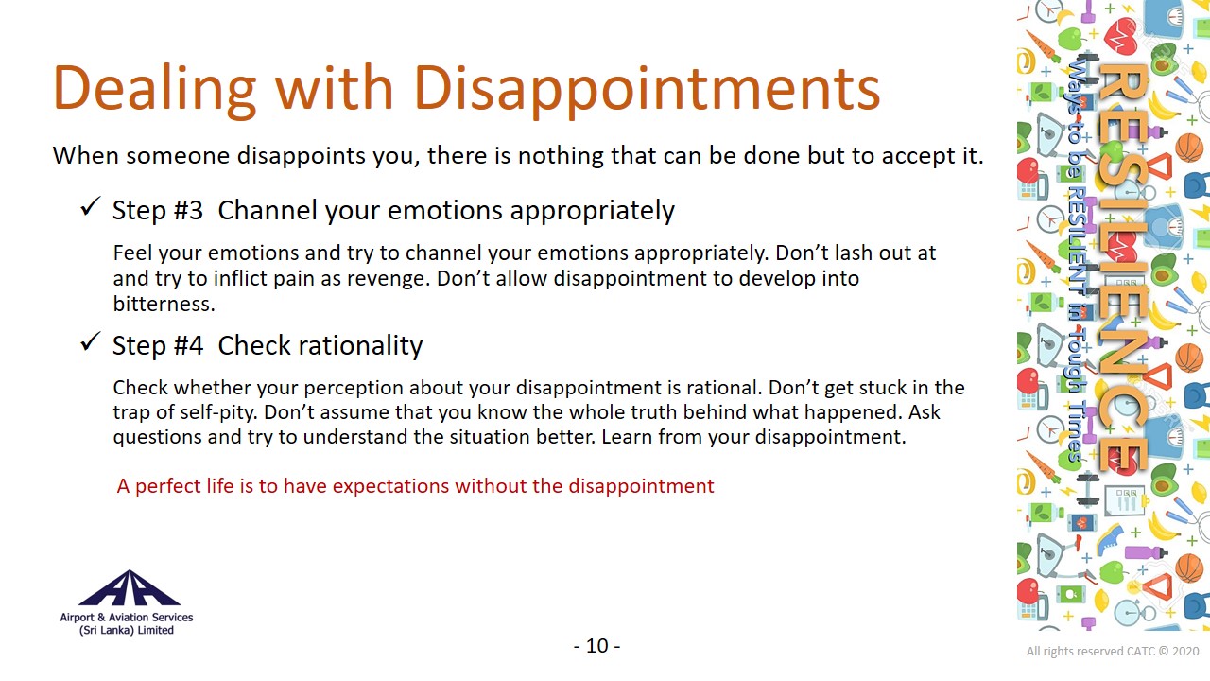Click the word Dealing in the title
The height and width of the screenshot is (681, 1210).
click(x=155, y=89)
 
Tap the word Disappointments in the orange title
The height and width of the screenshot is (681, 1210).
click(x=648, y=89)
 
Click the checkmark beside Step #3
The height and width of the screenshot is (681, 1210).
click(x=90, y=206)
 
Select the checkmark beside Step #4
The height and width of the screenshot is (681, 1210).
click(x=90, y=341)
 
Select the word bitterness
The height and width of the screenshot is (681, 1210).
click(x=164, y=304)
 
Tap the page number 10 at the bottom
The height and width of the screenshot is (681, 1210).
click(x=596, y=646)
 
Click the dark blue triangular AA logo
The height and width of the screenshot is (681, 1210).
click(x=130, y=587)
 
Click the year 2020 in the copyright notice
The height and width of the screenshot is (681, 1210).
click(x=1185, y=652)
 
